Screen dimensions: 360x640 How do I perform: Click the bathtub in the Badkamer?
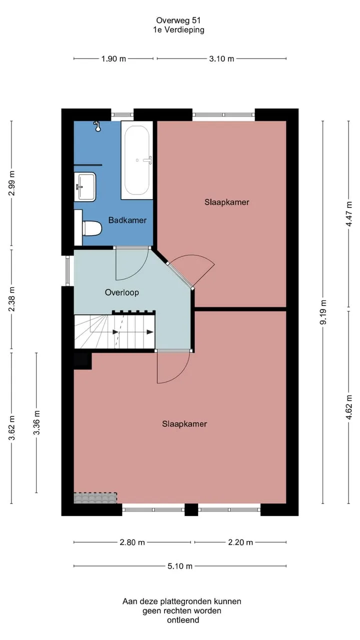[x=137, y=160]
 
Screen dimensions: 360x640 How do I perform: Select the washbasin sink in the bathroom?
[x=85, y=187]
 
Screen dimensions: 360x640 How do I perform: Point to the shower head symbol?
[x=97, y=126]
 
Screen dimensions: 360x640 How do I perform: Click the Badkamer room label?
[x=127, y=220]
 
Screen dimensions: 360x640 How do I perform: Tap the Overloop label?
[x=122, y=292]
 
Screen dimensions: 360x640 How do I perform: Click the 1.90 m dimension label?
[x=113, y=59]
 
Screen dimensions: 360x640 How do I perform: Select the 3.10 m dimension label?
[x=221, y=59]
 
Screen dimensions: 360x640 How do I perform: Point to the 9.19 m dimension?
[x=323, y=312]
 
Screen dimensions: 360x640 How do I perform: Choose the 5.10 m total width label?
[x=180, y=566]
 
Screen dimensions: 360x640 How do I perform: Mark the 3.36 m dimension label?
[x=36, y=422]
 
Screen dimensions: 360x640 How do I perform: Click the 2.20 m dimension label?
[x=240, y=542]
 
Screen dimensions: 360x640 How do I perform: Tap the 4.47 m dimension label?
[x=349, y=214]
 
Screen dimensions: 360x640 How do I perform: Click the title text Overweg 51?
[x=178, y=20]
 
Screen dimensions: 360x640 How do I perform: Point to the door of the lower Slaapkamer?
[x=173, y=366]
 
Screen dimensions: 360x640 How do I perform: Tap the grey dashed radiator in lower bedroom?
[x=95, y=497]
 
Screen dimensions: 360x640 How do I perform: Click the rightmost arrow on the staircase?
[x=150, y=332]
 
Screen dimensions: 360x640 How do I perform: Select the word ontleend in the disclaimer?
[x=183, y=620]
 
